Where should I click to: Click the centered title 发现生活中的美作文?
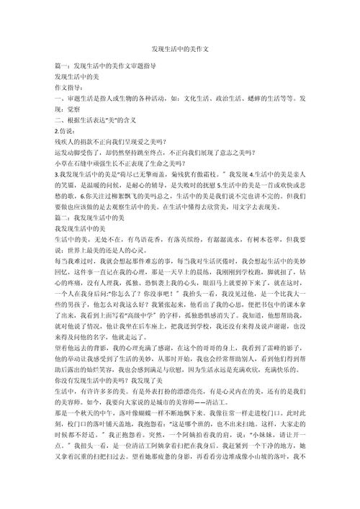pyautogui.click(x=180, y=50)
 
